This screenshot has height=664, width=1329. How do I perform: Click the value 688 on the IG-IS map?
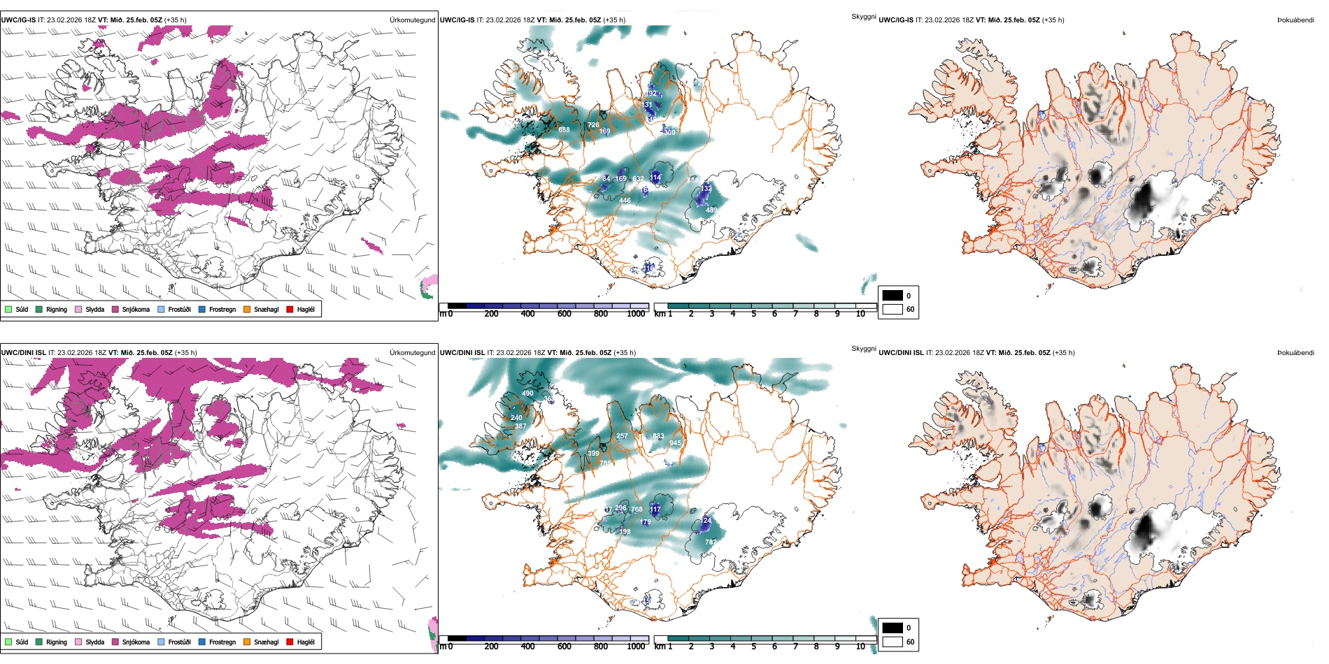point(564,130)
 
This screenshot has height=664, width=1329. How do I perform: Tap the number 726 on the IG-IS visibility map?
point(593,125)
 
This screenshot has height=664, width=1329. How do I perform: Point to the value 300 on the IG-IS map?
point(669,132)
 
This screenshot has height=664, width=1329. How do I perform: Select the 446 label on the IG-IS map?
point(625,201)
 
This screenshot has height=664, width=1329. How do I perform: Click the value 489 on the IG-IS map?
point(711,210)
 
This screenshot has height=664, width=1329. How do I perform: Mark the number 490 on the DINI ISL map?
point(527,394)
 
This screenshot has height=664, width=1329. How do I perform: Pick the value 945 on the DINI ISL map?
point(675,443)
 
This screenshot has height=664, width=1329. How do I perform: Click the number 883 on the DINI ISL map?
point(658,436)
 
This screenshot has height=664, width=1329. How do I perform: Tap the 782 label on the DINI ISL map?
point(711,542)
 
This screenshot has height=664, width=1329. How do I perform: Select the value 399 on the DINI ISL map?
point(593,454)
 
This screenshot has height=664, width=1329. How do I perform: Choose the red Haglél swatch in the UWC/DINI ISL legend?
point(290,642)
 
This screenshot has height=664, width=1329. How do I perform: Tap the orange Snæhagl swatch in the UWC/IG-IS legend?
point(247,309)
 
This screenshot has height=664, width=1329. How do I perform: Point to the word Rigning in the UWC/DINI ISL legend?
point(57,642)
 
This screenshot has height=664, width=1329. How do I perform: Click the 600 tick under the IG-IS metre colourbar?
point(564,314)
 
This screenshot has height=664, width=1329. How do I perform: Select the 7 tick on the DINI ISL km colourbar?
point(795,647)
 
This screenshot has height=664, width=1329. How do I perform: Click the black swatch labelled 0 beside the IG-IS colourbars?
point(893,296)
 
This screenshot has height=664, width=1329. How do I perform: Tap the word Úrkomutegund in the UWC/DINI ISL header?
point(412,352)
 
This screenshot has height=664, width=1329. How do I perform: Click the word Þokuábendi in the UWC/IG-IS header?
point(1295,20)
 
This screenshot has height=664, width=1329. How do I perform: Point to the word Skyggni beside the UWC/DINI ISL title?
point(863,348)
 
